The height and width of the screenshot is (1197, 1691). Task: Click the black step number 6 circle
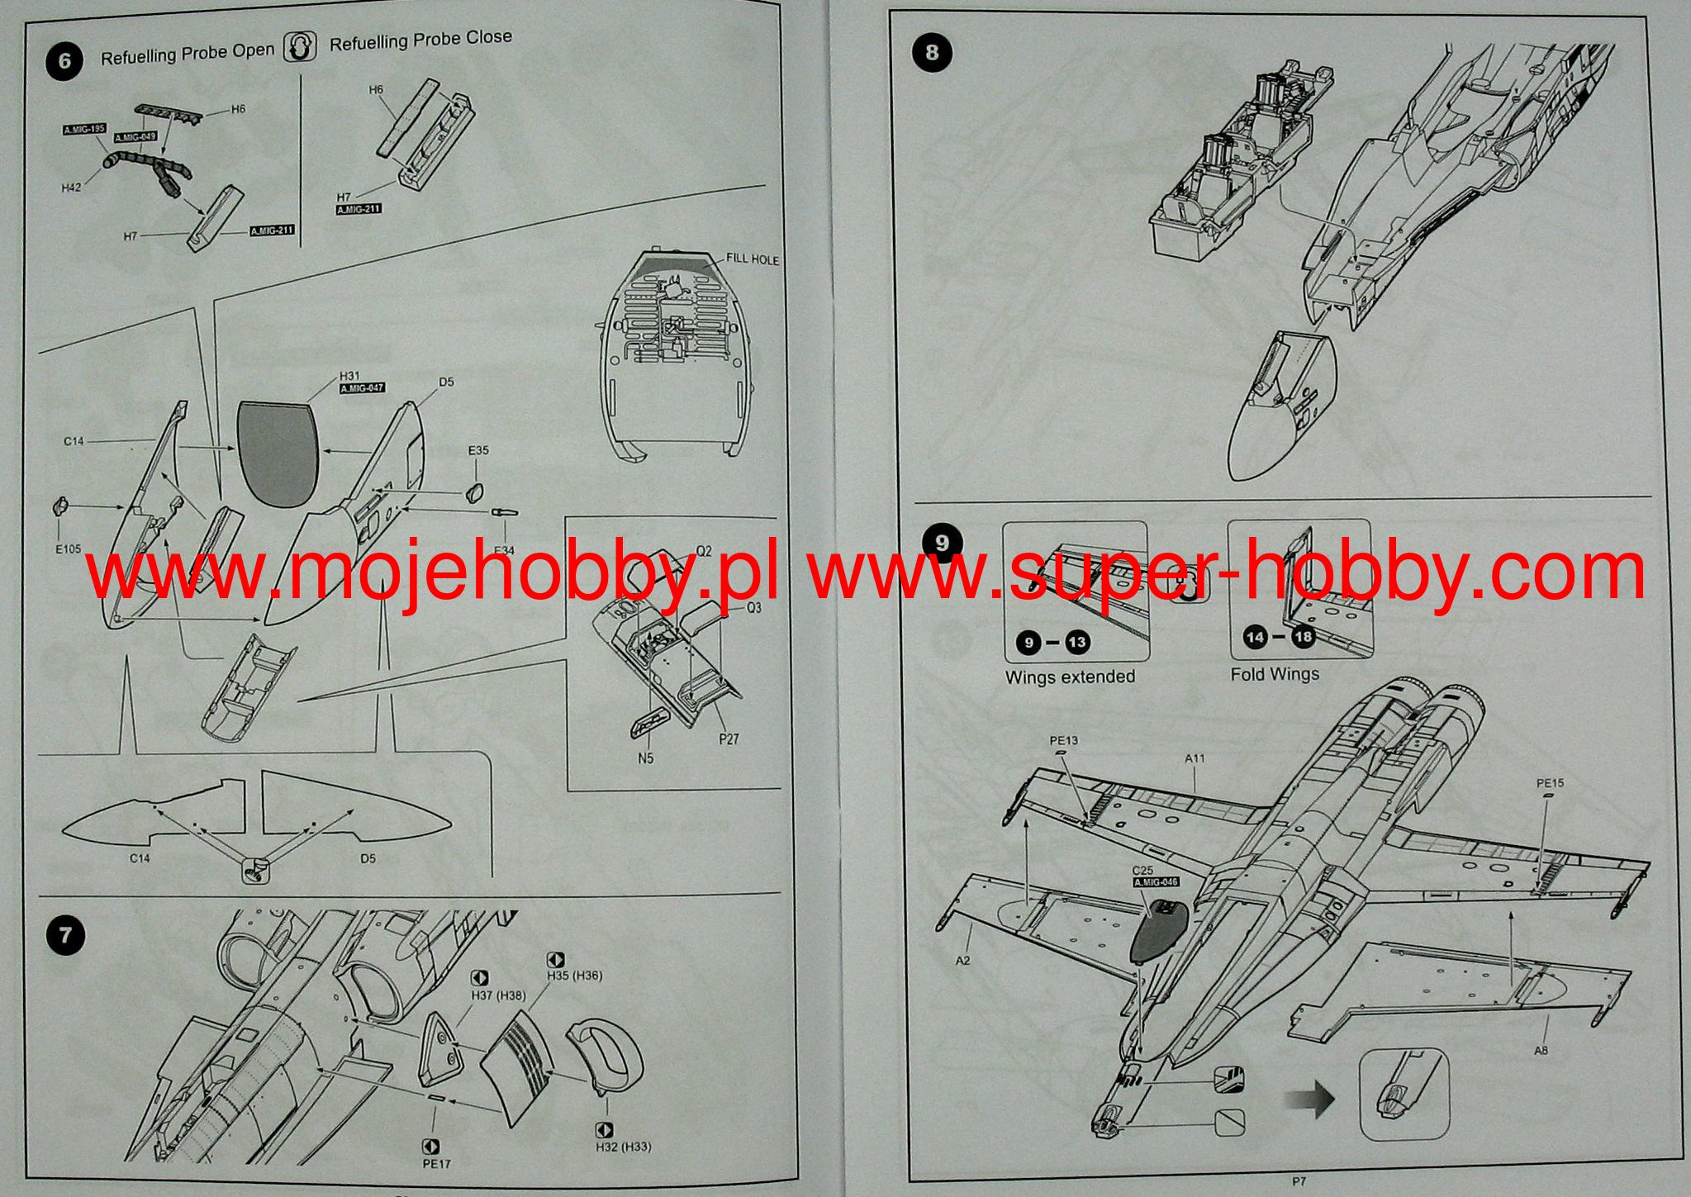pyautogui.click(x=64, y=62)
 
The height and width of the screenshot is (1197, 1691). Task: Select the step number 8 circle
pyautogui.click(x=932, y=52)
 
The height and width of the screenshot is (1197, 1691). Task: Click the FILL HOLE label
pyautogui.click(x=752, y=259)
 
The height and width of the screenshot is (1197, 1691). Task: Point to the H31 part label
pyautogui.click(x=349, y=376)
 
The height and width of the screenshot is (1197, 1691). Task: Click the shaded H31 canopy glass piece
pyautogui.click(x=278, y=453)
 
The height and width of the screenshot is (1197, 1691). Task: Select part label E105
pyautogui.click(x=69, y=549)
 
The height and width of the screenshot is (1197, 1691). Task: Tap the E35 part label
pyautogui.click(x=478, y=451)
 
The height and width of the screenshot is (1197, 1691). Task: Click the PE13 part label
pyautogui.click(x=1063, y=741)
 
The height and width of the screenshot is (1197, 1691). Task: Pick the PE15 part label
pyautogui.click(x=1550, y=782)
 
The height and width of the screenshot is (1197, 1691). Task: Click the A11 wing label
pyautogui.click(x=1195, y=758)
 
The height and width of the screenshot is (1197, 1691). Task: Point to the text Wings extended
pyautogui.click(x=1070, y=677)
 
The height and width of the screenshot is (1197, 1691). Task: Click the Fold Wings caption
pyautogui.click(x=1275, y=674)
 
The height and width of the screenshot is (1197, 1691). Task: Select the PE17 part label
pyautogui.click(x=437, y=1164)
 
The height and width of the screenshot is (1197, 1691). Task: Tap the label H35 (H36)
pyautogui.click(x=574, y=976)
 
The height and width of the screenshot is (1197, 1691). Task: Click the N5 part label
pyautogui.click(x=646, y=758)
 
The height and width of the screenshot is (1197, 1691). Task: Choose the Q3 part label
pyautogui.click(x=753, y=608)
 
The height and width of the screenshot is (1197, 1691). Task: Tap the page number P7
pyautogui.click(x=1300, y=1182)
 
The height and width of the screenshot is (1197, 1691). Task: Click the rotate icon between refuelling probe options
pyautogui.click(x=301, y=46)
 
